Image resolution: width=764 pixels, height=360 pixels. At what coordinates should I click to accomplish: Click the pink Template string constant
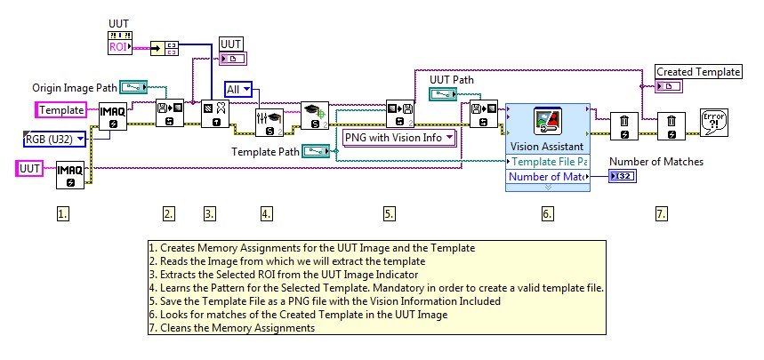61,109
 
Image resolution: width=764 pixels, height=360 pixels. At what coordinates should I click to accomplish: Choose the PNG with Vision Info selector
399,137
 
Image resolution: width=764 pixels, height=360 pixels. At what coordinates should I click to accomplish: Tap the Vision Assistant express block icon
546,122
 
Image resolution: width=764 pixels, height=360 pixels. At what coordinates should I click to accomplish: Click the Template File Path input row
546,161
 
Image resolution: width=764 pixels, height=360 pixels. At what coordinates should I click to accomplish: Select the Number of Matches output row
546,178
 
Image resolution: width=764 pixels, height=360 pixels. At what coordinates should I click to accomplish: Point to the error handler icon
714,122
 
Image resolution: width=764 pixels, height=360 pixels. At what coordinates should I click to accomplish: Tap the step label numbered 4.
266,213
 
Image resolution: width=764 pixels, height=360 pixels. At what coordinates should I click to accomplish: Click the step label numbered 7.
661,213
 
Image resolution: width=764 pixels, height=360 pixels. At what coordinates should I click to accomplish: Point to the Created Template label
698,71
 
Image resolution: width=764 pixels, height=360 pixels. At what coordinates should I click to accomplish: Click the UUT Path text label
452,79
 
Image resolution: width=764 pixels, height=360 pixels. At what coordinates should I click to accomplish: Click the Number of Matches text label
668,162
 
